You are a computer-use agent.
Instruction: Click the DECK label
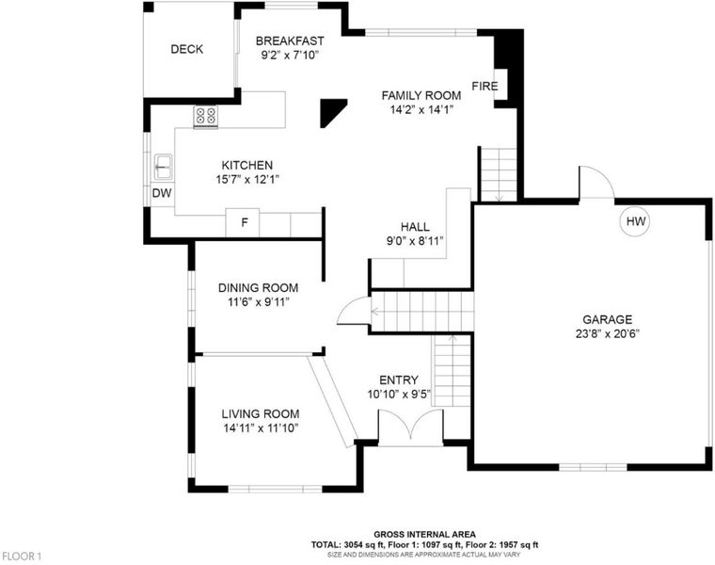[186, 49]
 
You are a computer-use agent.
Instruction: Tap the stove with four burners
[206, 116]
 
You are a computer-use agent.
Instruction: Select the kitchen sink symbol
[163, 167]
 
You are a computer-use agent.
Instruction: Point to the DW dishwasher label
[162, 193]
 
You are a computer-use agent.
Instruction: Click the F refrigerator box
[243, 223]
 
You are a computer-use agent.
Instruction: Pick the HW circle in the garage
[635, 221]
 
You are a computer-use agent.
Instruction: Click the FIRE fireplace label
[485, 87]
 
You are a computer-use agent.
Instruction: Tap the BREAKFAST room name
[290, 41]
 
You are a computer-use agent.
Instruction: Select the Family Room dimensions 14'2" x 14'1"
[421, 110]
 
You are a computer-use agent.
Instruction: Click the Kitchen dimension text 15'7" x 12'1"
[247, 179]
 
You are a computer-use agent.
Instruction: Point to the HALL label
[415, 227]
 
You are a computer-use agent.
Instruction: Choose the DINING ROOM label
[258, 288]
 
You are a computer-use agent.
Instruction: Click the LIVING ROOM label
[261, 414]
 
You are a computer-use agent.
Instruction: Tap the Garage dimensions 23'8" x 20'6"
[608, 333]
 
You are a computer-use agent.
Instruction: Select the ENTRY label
[399, 380]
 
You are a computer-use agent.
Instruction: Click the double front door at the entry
[411, 427]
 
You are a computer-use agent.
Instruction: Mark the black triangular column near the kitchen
[331, 111]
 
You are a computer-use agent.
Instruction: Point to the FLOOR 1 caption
[21, 557]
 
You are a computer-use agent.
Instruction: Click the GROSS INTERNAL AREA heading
[424, 535]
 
